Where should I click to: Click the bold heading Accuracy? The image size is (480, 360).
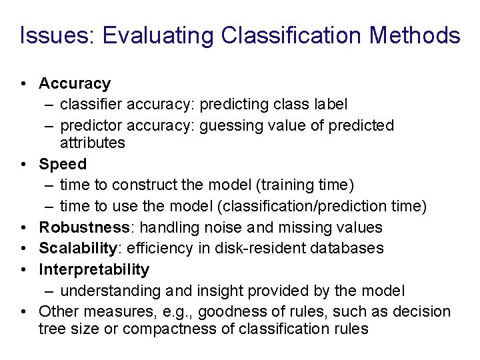(x=75, y=84)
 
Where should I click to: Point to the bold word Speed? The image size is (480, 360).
(x=63, y=164)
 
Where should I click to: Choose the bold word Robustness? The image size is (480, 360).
(x=84, y=227)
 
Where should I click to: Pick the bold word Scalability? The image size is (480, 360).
(x=78, y=249)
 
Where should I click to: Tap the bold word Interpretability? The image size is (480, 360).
(x=94, y=270)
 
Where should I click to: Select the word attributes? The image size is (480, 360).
(x=92, y=143)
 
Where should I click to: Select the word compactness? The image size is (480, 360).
(x=155, y=329)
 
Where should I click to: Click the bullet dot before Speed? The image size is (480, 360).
(x=23, y=165)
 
